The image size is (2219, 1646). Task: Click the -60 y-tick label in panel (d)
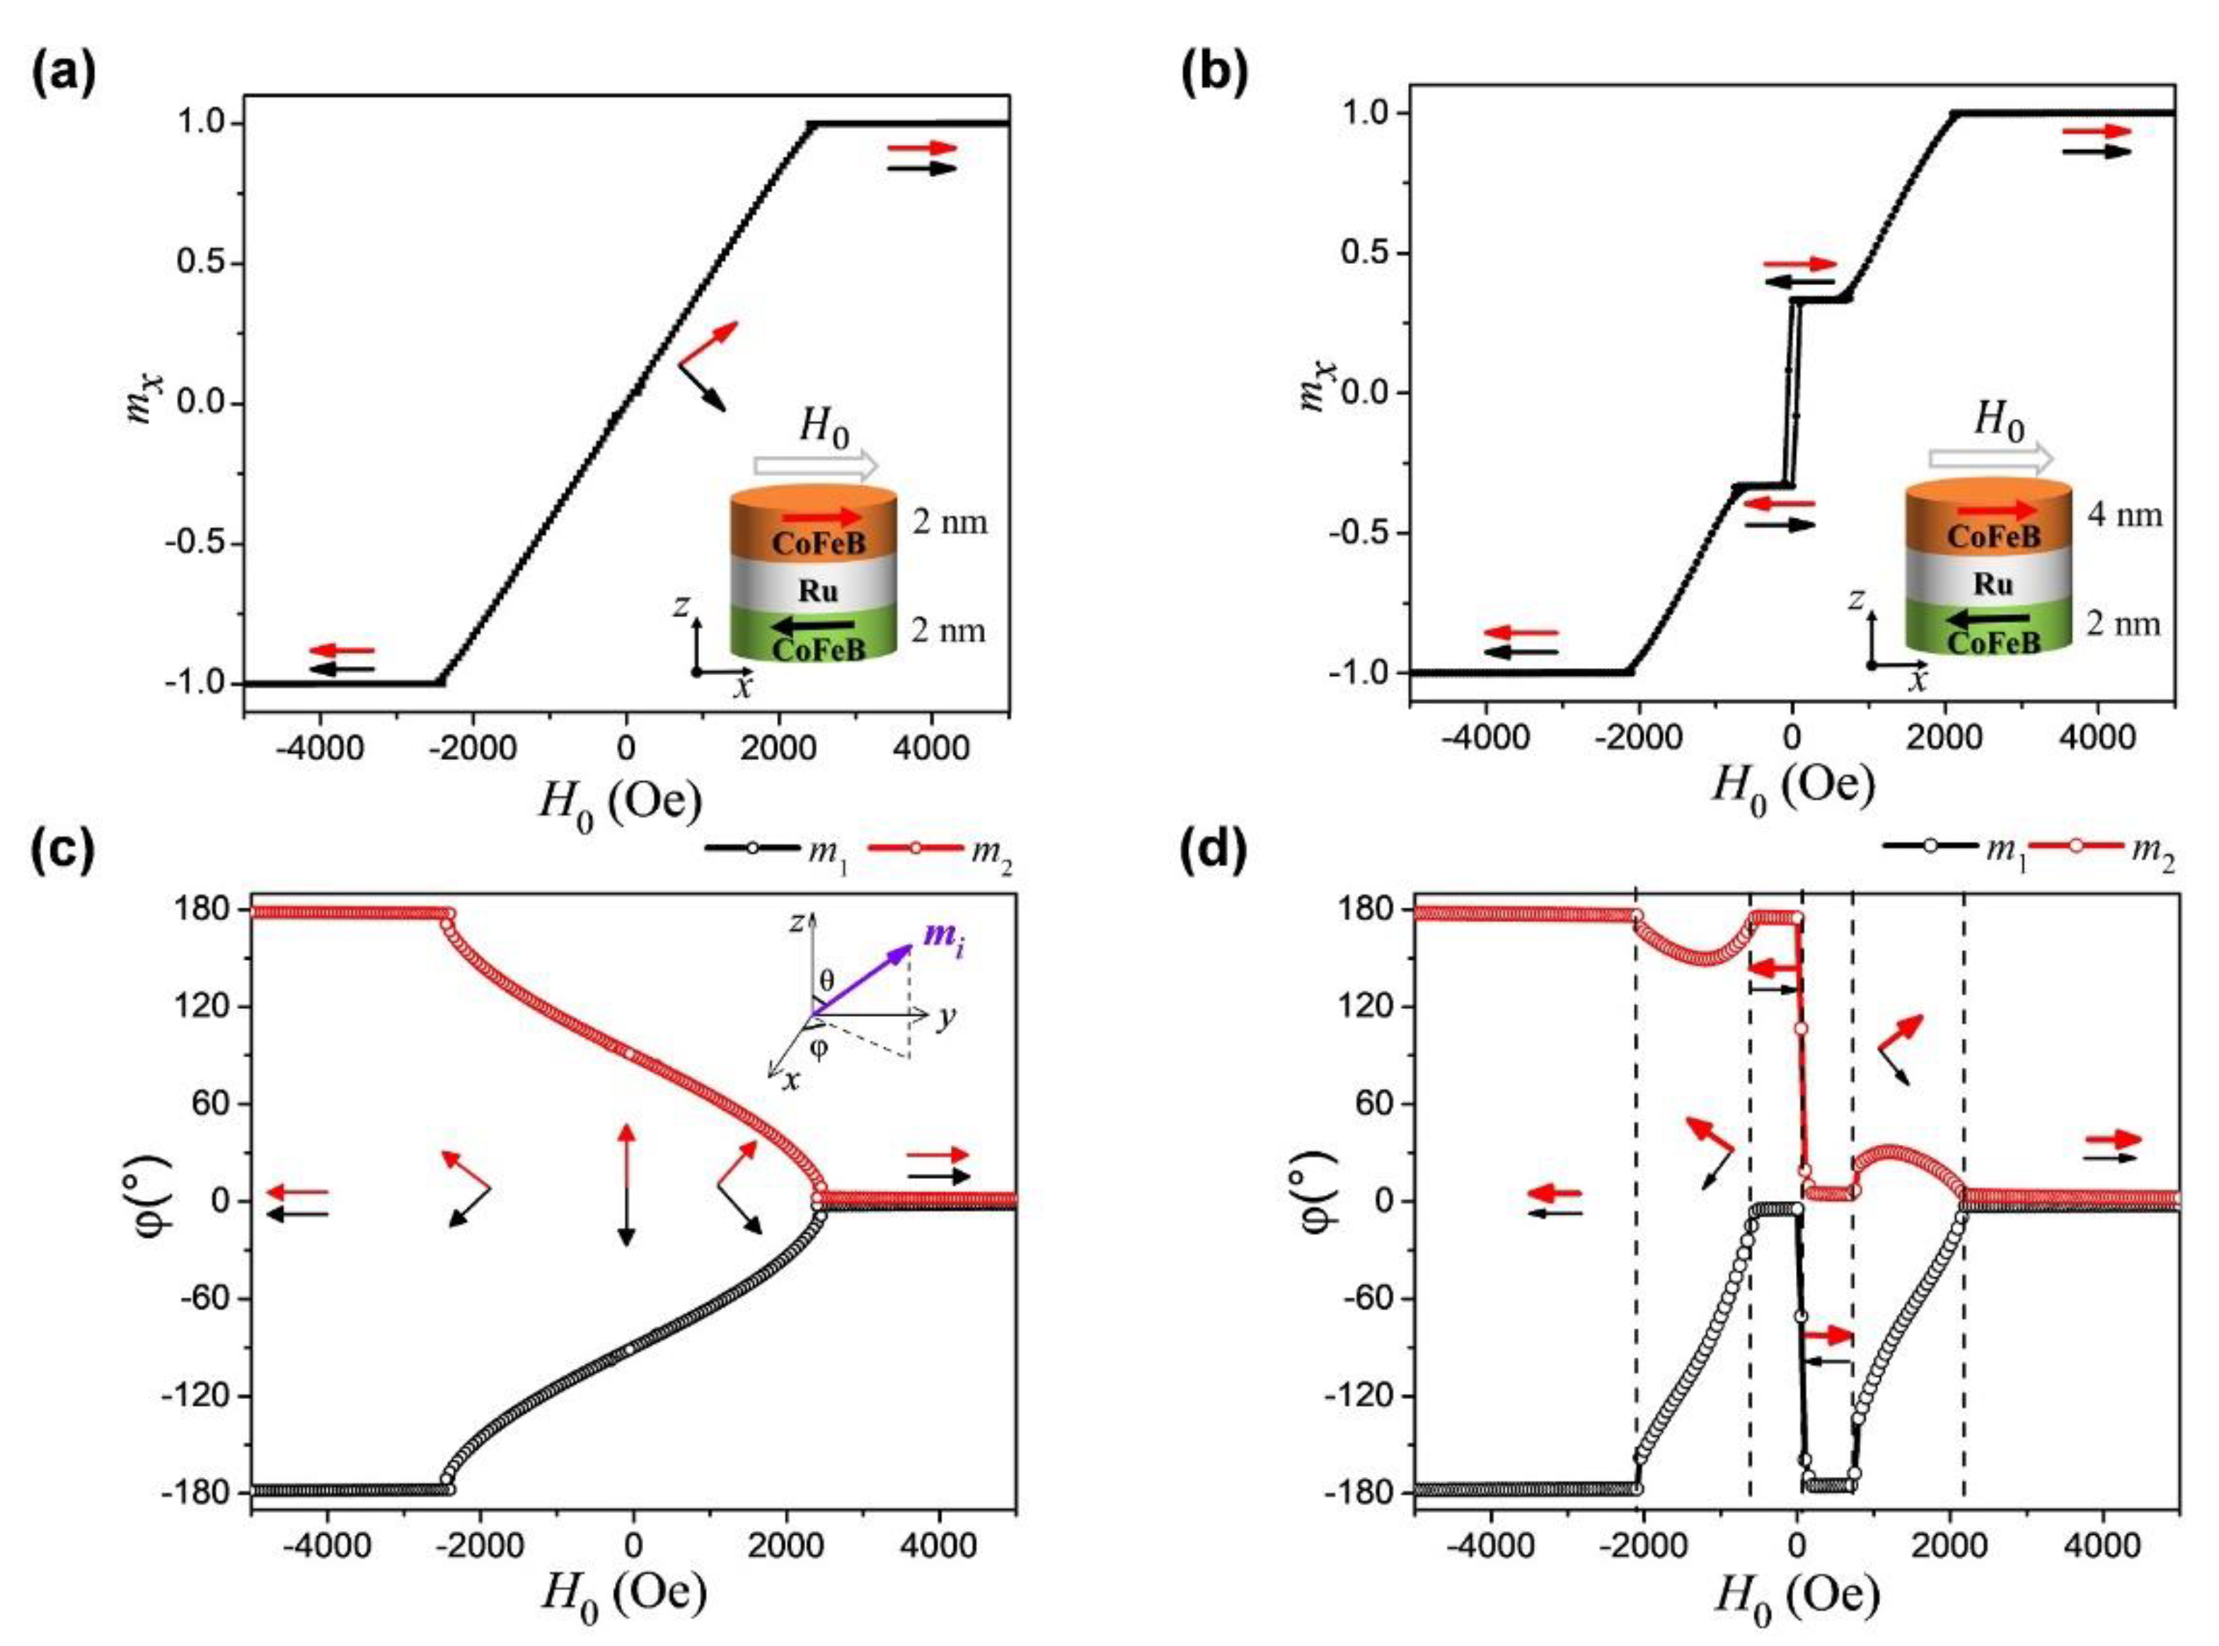[x=1365, y=1299]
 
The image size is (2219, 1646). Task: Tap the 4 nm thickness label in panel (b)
[x=2124, y=515]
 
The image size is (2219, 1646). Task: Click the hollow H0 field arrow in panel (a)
[x=815, y=464]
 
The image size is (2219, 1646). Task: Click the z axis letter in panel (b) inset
[x=1855, y=599]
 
